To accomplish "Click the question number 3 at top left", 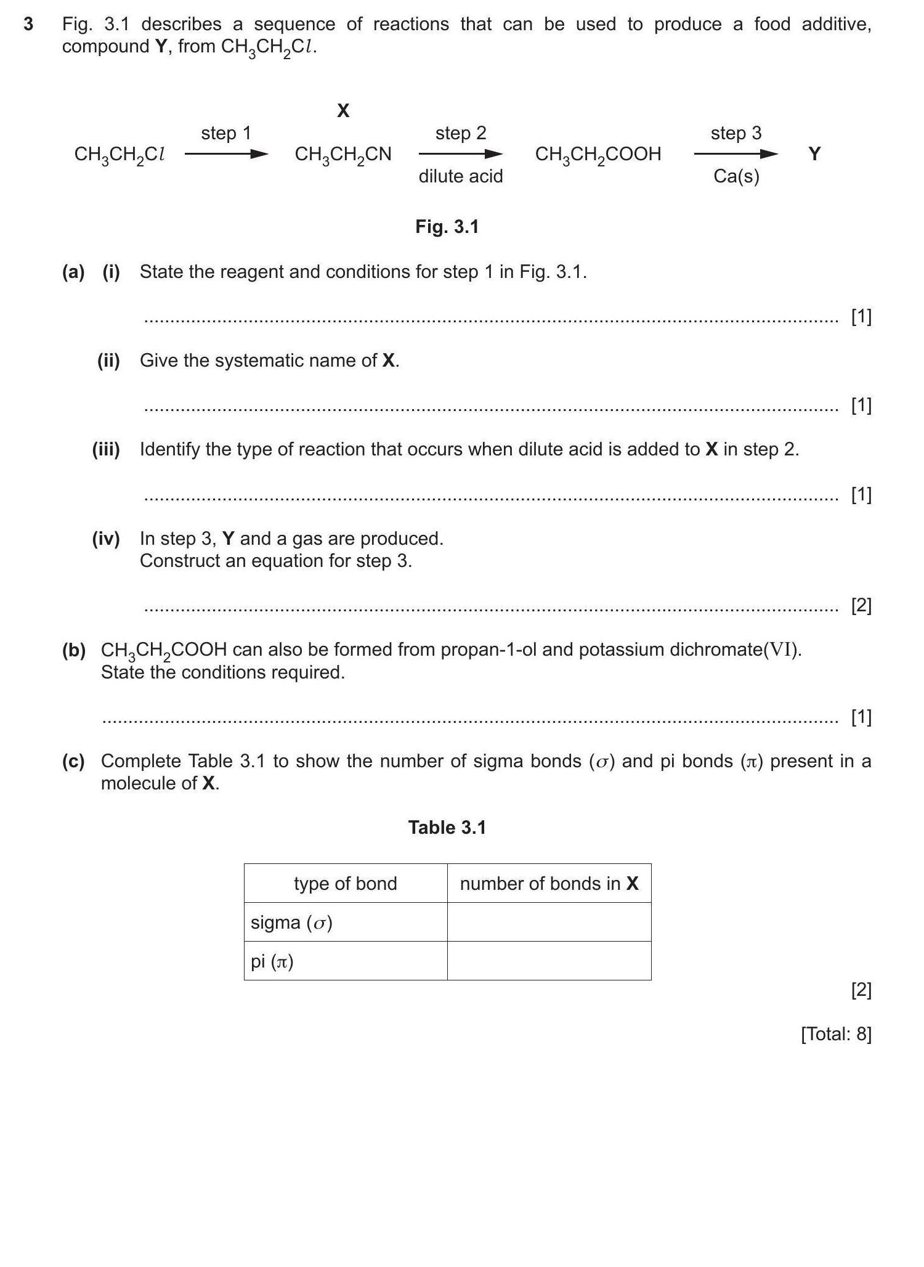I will (28, 25).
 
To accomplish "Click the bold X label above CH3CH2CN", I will (343, 110).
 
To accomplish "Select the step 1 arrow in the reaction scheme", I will (226, 154).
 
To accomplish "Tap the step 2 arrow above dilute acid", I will (460, 154).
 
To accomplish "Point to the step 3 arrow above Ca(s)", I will (736, 154).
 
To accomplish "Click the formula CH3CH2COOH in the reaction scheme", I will (598, 154).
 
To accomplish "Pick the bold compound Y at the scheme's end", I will (814, 153).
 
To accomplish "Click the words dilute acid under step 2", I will (460, 176).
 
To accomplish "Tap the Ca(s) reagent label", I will (736, 176).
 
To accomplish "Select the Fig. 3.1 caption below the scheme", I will (447, 227).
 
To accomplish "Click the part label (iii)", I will (106, 449).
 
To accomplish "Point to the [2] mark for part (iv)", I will (861, 606).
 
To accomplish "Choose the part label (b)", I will (73, 650).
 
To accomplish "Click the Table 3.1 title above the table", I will (447, 827).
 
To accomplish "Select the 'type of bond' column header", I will (345, 883).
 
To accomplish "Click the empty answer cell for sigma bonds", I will (549, 922).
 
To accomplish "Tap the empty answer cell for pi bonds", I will (549, 961).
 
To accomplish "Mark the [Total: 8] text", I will (836, 1033).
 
